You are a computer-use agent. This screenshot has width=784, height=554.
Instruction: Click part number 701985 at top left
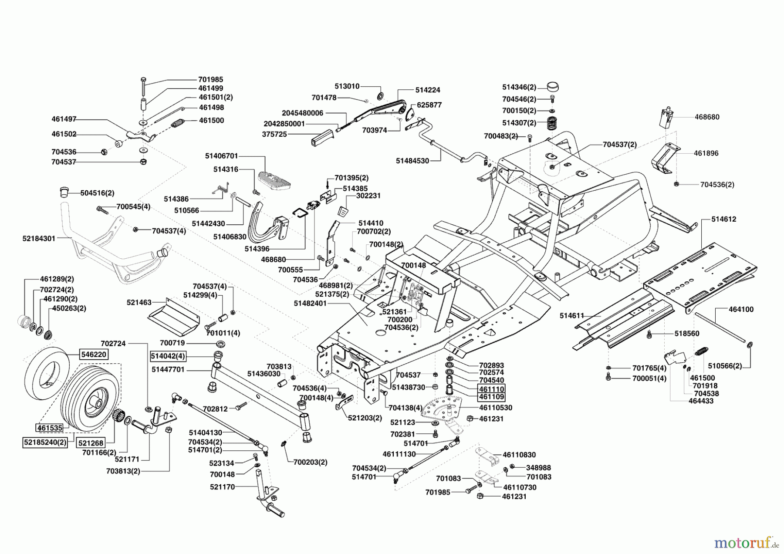point(210,80)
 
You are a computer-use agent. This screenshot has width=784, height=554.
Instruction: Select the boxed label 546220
point(94,354)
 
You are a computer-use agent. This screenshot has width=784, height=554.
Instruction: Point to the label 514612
point(724,219)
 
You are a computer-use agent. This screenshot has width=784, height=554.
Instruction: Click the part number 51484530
point(412,161)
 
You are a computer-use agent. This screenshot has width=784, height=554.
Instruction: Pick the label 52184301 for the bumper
point(39,239)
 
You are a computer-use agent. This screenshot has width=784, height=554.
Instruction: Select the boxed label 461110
point(491,388)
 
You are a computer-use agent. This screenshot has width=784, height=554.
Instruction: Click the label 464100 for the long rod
point(741,309)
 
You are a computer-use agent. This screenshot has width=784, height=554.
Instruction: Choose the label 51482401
point(310,303)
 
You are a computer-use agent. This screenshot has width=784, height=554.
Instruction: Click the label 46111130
point(399,454)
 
